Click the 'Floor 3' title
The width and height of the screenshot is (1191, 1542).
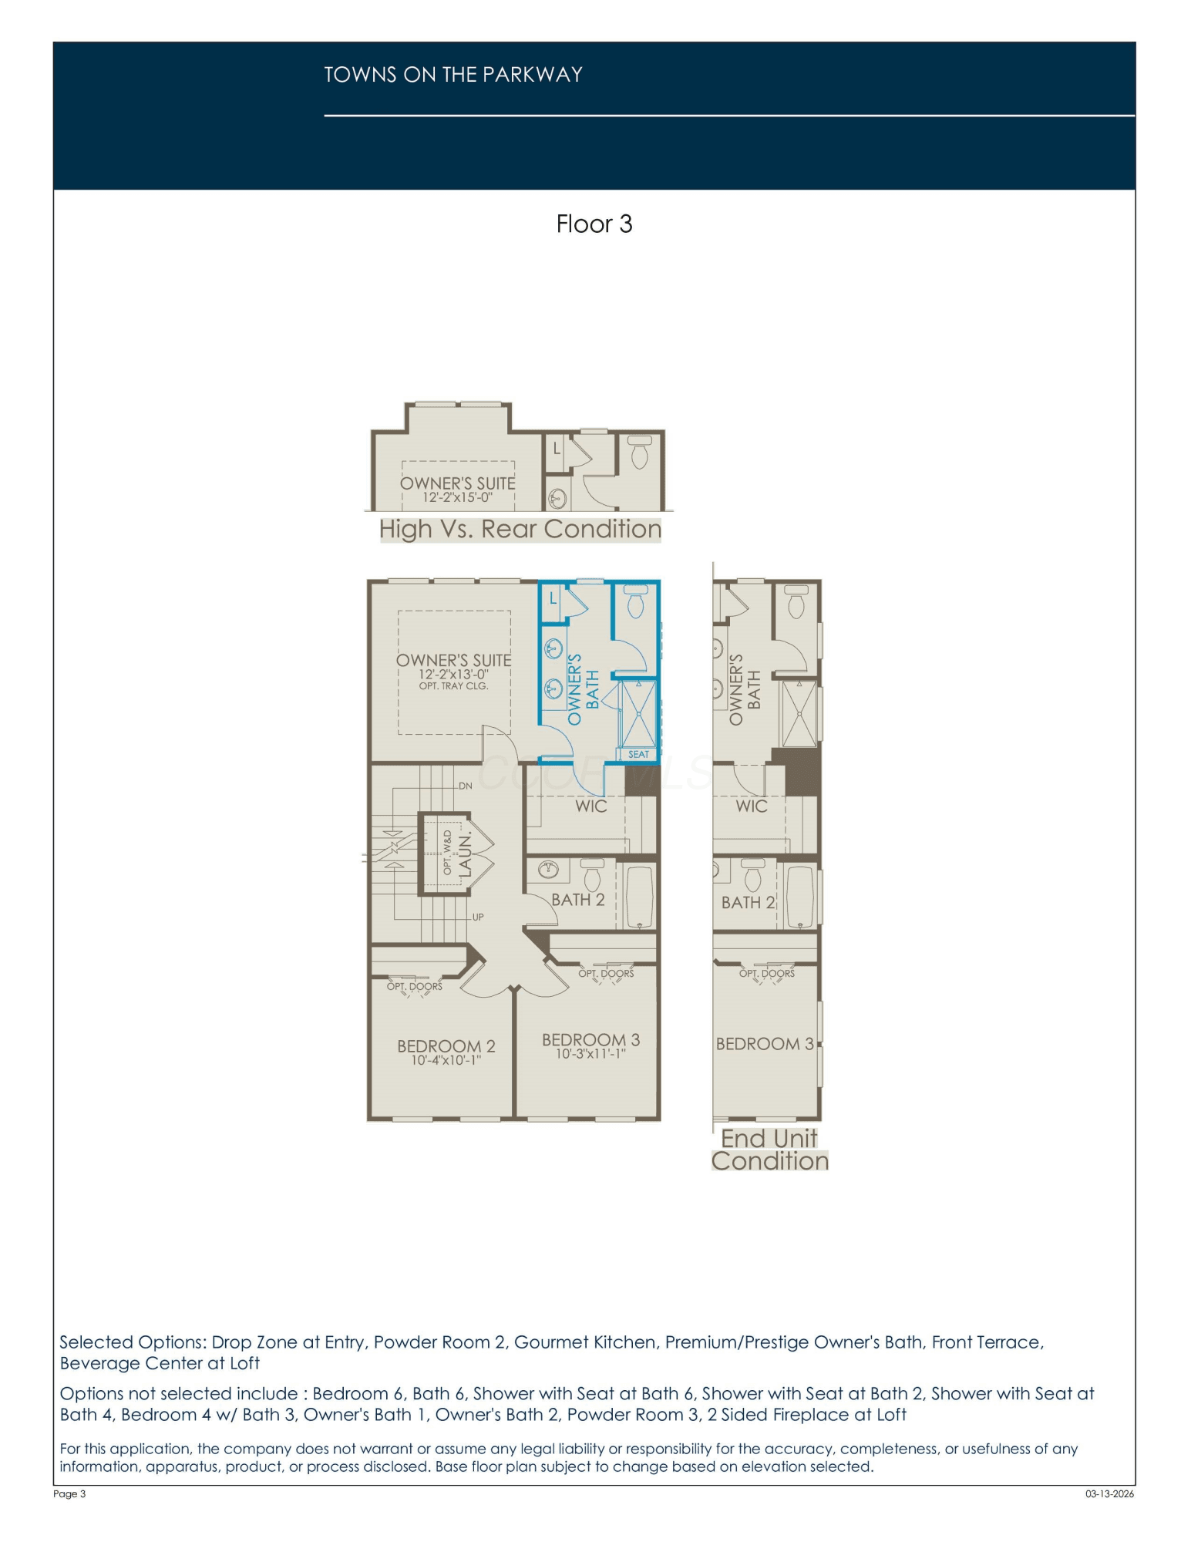coord(594,224)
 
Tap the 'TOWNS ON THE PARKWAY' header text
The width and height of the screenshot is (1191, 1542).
coord(453,75)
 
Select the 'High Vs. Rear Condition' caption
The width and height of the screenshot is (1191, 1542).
coord(520,529)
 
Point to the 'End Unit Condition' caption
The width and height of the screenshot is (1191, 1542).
coord(769,1150)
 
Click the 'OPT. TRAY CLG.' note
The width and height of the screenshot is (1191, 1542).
coord(454,685)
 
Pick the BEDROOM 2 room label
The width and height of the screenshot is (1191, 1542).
coord(446,1046)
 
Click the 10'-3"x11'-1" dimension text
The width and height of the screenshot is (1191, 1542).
coord(591,1054)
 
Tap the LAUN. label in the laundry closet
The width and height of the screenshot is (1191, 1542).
coord(465,853)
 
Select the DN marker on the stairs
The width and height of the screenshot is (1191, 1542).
coord(466,786)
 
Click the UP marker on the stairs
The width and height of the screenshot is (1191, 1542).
coord(478,917)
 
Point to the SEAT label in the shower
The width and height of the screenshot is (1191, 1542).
coord(638,754)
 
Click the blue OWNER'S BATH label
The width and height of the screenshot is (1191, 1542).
coord(583,689)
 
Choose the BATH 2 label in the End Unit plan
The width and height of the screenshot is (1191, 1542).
coord(748,902)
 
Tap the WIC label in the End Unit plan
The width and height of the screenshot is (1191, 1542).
coord(752,806)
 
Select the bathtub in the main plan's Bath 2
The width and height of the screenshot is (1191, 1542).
coord(639,895)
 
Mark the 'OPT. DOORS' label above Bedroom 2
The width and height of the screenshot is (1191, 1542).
coord(415,986)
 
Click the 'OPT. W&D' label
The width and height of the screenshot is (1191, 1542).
coord(448,852)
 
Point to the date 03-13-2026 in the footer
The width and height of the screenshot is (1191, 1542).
coord(1110,1493)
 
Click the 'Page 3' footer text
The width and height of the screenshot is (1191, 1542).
coord(69,1493)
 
